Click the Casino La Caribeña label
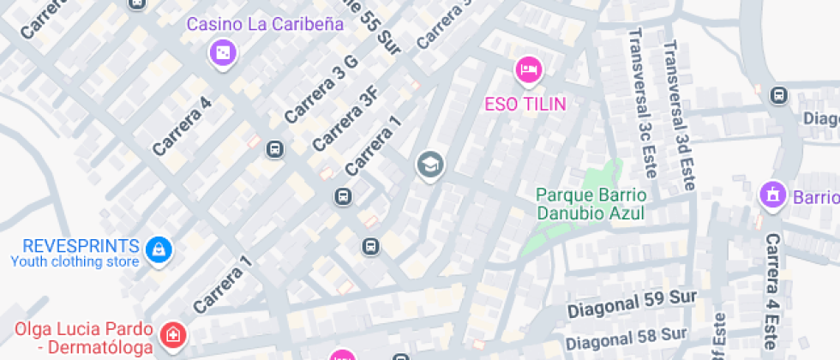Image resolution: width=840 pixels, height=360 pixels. click(x=265, y=24)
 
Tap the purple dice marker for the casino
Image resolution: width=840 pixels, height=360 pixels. click(x=223, y=55)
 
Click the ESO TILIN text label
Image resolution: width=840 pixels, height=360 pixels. click(x=525, y=104)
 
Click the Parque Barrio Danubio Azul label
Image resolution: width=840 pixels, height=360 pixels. click(x=591, y=204)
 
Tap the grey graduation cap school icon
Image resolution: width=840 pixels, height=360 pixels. click(x=429, y=165)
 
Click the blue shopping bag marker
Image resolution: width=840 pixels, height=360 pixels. click(x=159, y=249)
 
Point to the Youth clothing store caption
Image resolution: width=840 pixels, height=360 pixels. click(x=74, y=261)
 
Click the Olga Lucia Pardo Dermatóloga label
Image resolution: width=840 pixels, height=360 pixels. click(x=85, y=338)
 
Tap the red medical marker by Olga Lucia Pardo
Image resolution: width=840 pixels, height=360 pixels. click(x=172, y=335)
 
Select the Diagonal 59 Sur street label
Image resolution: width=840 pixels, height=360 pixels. click(x=632, y=302)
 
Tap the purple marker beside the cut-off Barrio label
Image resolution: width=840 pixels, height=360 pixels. click(x=772, y=195)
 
